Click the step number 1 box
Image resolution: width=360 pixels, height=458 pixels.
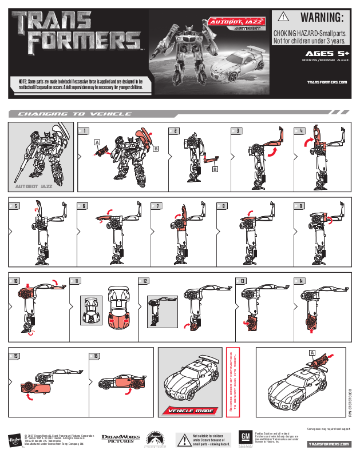[85, 131]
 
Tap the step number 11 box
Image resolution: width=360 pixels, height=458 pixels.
[76, 281]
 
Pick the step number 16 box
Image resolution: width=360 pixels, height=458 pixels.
[96, 356]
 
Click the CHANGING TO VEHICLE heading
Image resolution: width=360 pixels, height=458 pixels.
[74, 114]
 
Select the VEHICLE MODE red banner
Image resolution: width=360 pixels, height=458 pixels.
[190, 411]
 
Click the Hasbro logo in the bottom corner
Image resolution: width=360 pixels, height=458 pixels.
[12, 440]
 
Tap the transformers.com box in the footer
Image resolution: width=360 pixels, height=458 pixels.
[327, 444]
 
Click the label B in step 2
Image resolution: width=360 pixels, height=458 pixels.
[214, 169]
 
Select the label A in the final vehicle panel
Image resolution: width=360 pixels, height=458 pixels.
[312, 352]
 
